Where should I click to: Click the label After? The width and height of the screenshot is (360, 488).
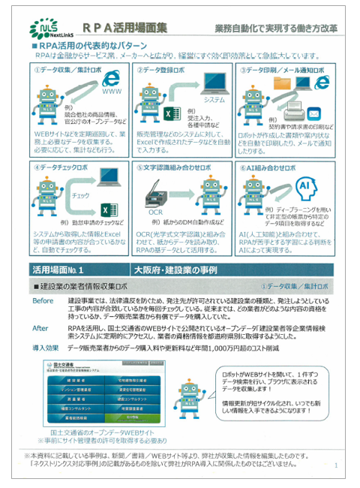click(40, 328)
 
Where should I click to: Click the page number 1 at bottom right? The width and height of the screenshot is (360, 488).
click(335, 466)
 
